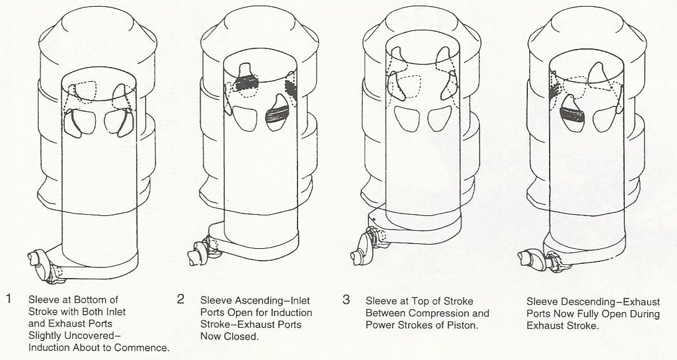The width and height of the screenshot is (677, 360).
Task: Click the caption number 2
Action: point(180,299)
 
